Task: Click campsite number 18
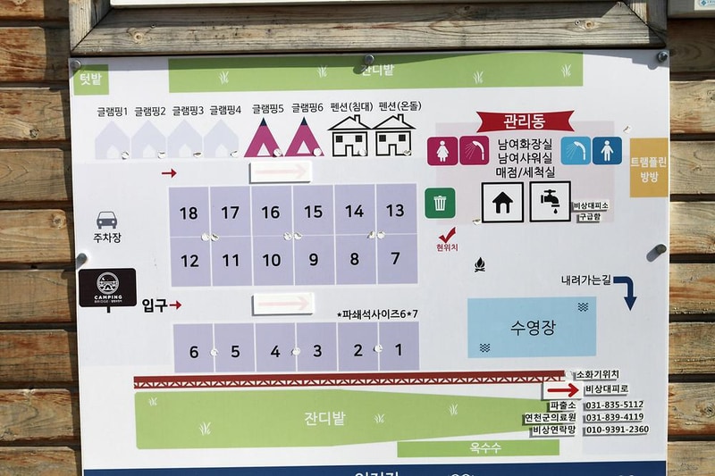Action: coord(189,213)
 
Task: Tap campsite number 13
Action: coord(395,211)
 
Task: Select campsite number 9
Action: coord(313,261)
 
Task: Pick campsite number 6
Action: coord(194,352)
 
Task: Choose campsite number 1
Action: coord(399,349)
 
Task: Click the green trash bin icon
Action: coord(440,203)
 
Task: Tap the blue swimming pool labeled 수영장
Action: coord(532,327)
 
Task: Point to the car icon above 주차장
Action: coord(106,220)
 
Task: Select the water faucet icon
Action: coord(550,202)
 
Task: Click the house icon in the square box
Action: coord(502,202)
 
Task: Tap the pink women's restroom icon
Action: coord(442,151)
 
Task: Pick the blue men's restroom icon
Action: coord(607,150)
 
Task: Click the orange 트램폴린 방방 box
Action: coord(648,167)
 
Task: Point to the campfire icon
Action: coord(478,265)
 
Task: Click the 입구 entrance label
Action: coord(155,305)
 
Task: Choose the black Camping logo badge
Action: coord(107,288)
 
